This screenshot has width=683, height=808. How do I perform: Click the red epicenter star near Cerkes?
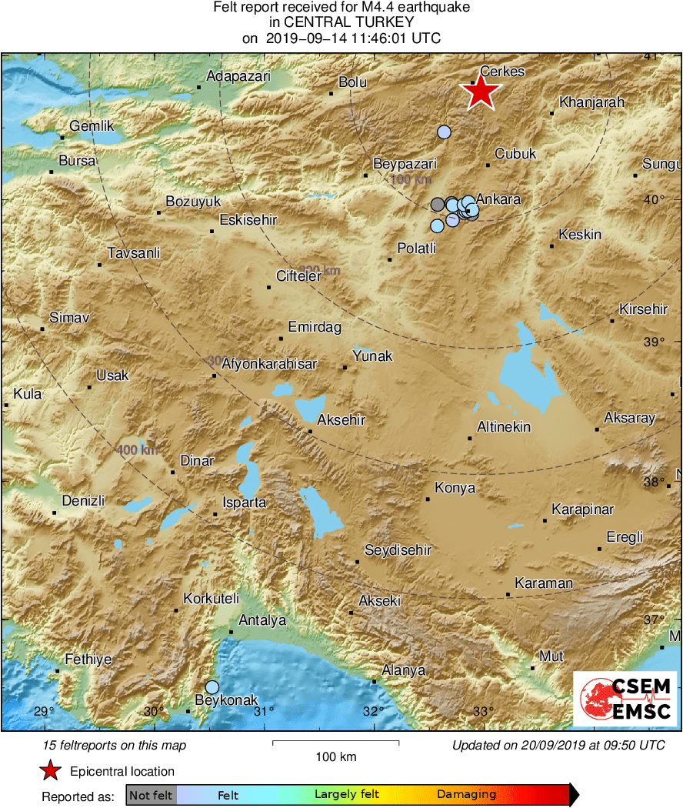click(481, 92)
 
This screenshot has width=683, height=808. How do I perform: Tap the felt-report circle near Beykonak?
click(212, 686)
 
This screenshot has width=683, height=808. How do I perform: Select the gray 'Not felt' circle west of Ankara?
click(438, 204)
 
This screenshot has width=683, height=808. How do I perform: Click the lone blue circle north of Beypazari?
click(444, 132)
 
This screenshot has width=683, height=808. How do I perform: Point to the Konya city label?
click(455, 488)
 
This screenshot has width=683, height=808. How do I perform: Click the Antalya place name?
click(262, 620)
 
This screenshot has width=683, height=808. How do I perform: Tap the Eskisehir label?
click(248, 220)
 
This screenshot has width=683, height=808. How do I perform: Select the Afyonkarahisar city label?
click(268, 365)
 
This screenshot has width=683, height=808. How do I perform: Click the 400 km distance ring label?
click(138, 449)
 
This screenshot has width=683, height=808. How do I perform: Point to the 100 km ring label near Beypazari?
click(411, 180)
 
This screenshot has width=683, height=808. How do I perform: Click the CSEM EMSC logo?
click(625, 698)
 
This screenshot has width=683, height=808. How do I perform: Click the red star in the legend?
click(51, 771)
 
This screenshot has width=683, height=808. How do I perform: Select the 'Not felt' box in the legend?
click(151, 795)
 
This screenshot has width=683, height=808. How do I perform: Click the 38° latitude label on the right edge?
click(654, 482)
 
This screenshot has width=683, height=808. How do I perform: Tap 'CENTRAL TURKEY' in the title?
click(341, 23)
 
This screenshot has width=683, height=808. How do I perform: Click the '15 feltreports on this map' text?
click(115, 746)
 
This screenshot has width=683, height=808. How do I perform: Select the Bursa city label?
click(77, 161)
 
